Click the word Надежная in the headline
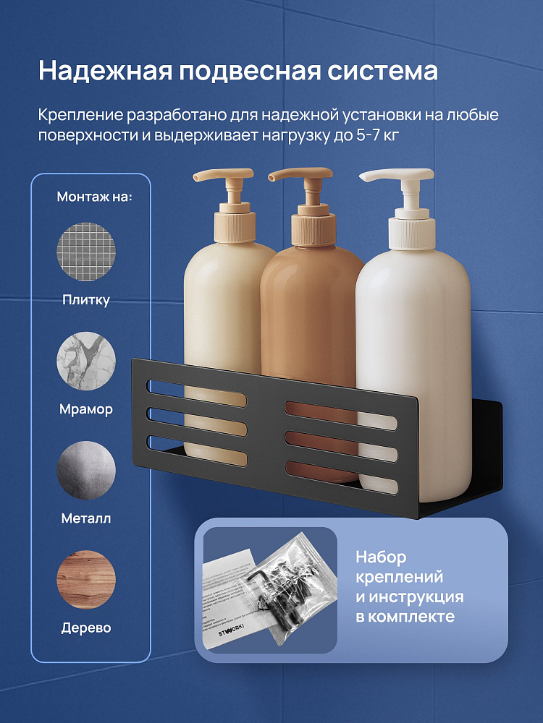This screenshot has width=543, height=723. pos(104,71)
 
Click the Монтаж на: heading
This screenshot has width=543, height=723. pos(94,197)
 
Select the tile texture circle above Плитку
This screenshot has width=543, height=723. pos(86,252)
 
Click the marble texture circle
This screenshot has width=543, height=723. pos(86,361)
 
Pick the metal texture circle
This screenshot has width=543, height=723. pos(86,470)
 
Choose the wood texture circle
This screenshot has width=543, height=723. pos(86,579)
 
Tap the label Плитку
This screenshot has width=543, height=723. pos(86,301)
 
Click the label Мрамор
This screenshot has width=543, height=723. pos(86,409)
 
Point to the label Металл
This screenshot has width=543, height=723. pos(86,518)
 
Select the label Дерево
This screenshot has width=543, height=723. pos(86,628)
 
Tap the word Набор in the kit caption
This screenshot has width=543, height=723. pos(381,557)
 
